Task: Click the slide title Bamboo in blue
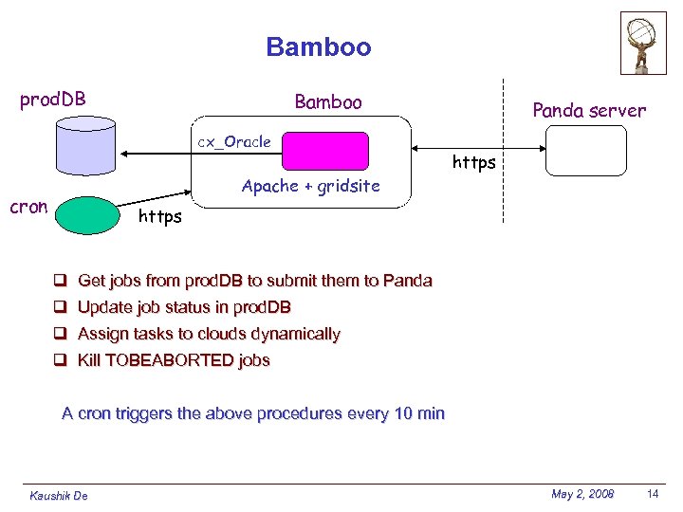tap(319, 46)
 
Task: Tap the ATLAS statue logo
tap(643, 43)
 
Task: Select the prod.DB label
tap(53, 100)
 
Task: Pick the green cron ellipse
tap(87, 214)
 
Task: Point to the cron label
tap(28, 207)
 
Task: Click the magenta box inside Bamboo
tap(325, 151)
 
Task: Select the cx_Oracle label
tap(233, 141)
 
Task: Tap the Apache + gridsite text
tap(310, 186)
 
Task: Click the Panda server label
tap(589, 111)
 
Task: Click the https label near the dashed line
tap(473, 162)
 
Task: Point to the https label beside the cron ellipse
tap(159, 217)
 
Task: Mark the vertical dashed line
tap(503, 152)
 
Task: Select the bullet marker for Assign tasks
tap(59, 334)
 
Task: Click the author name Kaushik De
tap(58, 496)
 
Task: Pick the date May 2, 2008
tap(582, 494)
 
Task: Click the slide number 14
tap(653, 494)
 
